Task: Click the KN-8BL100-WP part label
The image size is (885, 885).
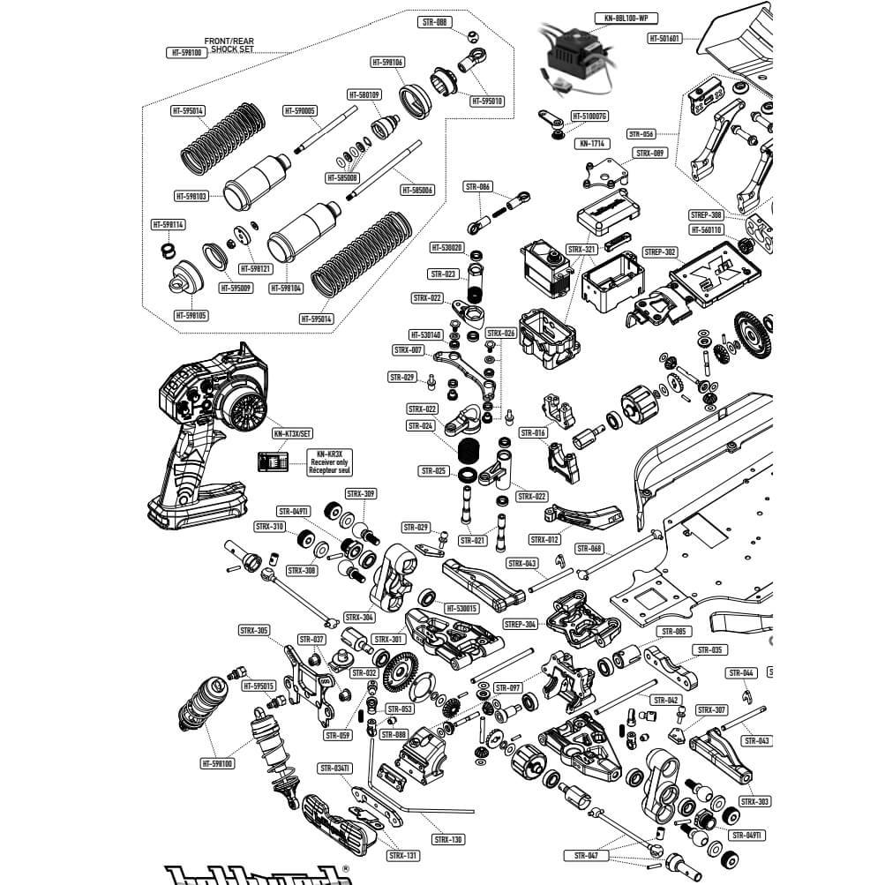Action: pos(626,17)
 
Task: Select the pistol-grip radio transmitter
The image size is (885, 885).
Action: pos(207,424)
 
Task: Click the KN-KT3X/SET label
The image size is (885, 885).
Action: pos(291,434)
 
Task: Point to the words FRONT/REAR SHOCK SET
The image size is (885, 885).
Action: pos(229,45)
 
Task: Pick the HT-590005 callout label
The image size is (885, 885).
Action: pos(301,110)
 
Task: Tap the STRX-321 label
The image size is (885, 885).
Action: pos(582,250)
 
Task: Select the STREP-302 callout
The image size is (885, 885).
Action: pos(660,251)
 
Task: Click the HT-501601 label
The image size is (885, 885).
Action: pos(664,38)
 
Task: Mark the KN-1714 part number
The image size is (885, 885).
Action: pos(591,143)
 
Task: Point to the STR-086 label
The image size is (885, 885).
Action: pos(477,186)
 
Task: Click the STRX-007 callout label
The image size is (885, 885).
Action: pos(409,350)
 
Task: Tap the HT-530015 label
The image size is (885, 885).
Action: pos(461,608)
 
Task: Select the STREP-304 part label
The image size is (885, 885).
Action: pos(521,624)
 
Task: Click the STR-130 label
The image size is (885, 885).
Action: pos(449,839)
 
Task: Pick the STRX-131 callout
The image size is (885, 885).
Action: pos(401,855)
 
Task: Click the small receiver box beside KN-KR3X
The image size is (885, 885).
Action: pos(271,461)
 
